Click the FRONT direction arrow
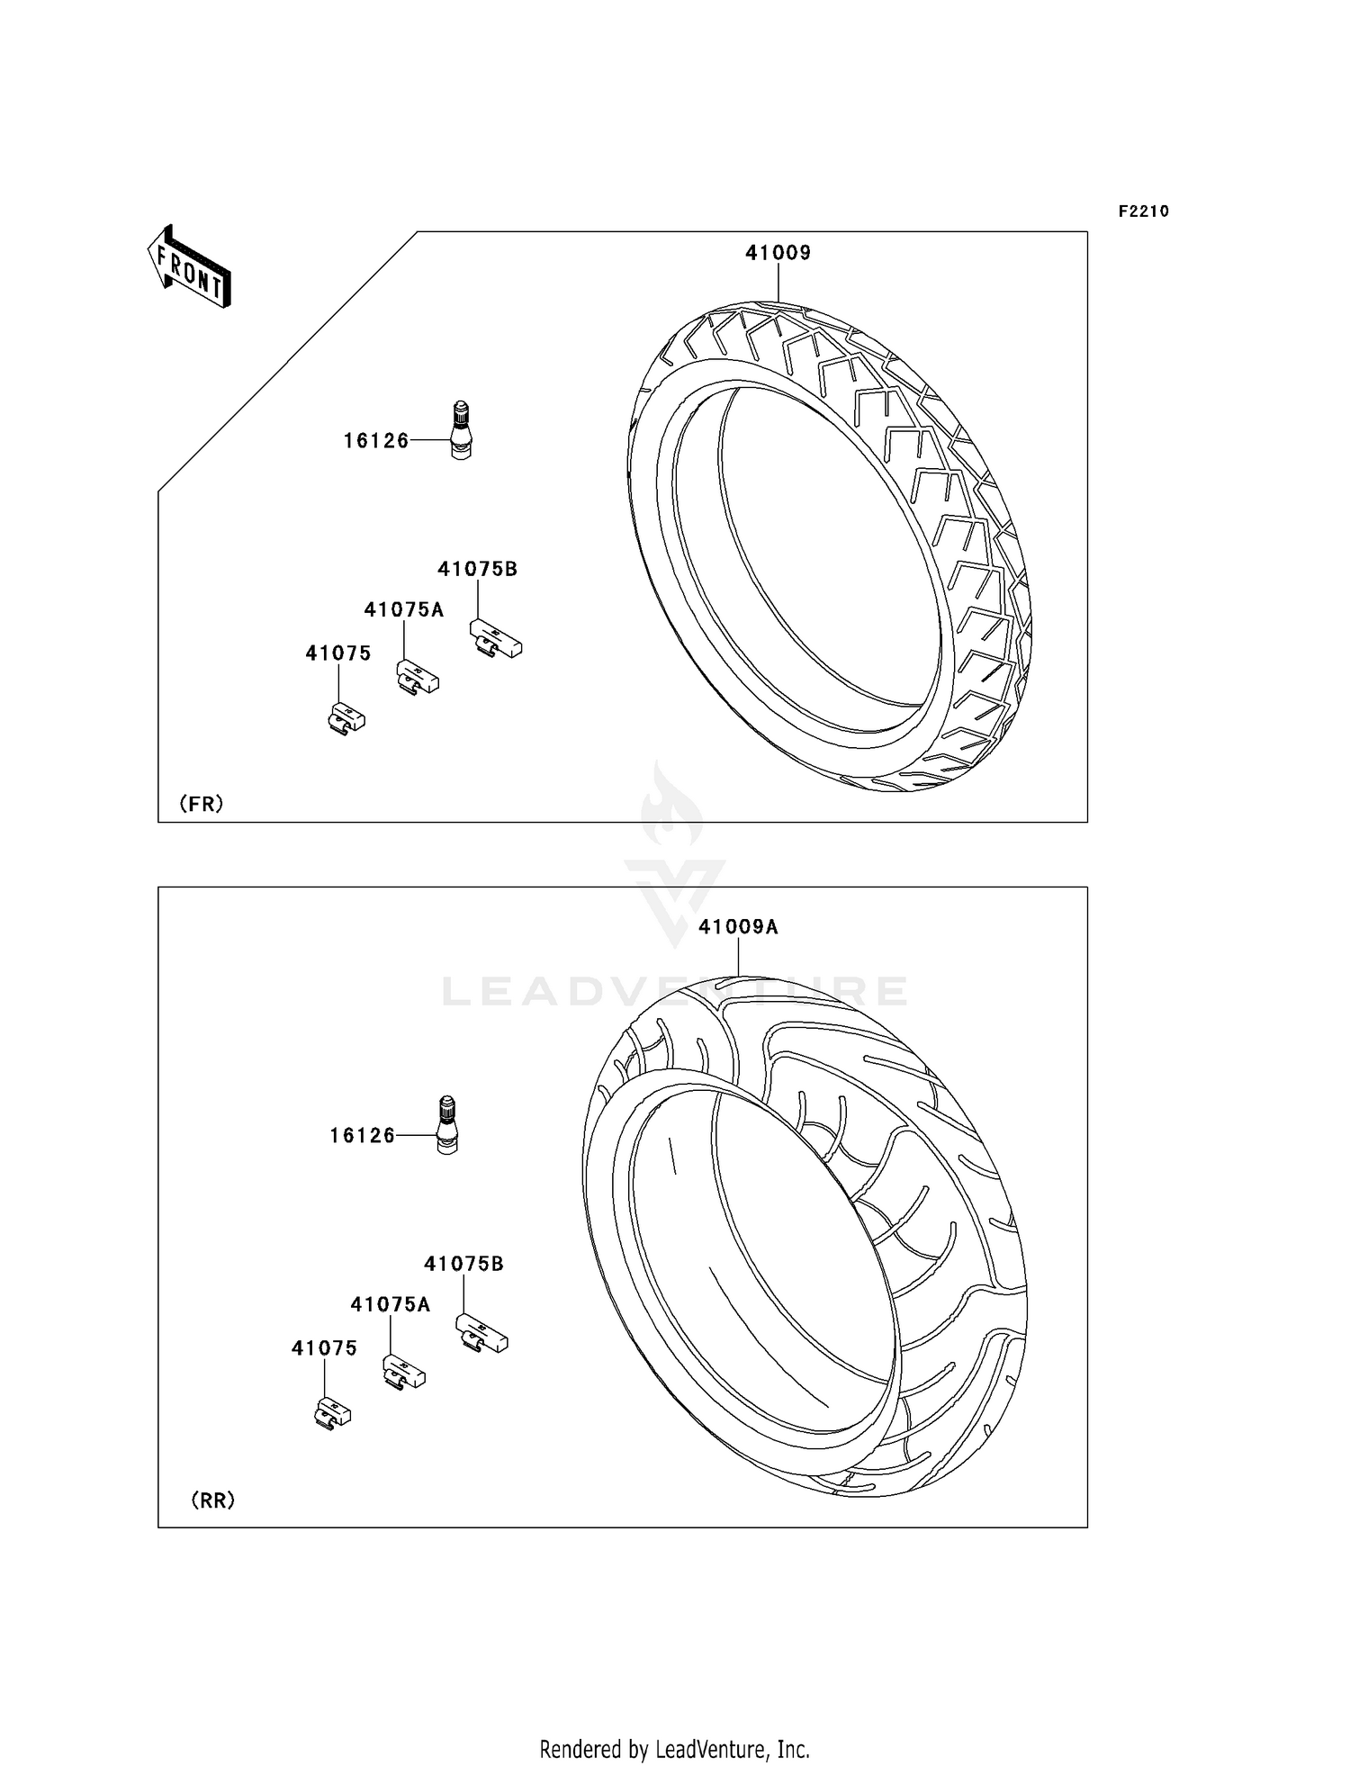coord(190,267)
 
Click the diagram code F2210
coord(1143,212)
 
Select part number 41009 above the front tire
coord(778,254)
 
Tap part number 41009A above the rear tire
coord(738,927)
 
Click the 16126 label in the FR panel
coord(376,441)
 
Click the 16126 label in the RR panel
coord(363,1136)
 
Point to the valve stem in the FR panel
coord(460,432)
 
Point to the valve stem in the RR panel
coord(446,1125)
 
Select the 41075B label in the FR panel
coord(477,569)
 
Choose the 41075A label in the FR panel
coord(403,610)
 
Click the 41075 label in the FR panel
coord(337,653)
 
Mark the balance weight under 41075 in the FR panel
coord(346,719)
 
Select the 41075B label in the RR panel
coord(463,1264)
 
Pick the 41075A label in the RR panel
coord(390,1305)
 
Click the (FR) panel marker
coord(201,804)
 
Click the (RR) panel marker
coord(213,1500)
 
